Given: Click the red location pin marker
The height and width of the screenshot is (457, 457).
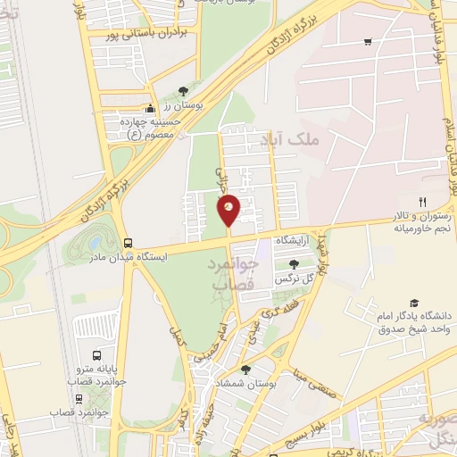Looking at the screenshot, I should pos(228,211).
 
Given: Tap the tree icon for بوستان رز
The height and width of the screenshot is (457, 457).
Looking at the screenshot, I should pos(183,91).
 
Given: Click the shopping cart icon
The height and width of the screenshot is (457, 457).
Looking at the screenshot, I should pos(369,42).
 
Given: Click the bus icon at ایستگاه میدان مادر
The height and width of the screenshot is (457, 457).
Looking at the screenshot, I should pos(129,243).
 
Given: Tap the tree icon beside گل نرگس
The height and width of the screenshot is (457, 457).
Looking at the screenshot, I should pos(294,263).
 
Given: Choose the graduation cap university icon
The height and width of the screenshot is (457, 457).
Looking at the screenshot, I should pos(413,303).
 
